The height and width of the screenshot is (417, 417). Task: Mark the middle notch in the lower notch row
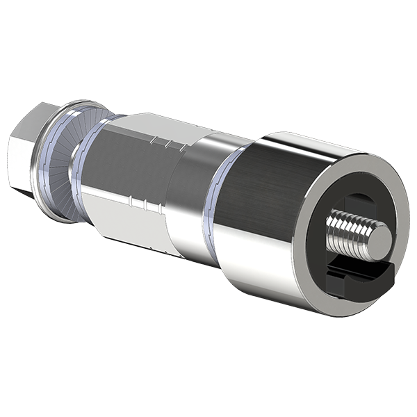tap(143, 204)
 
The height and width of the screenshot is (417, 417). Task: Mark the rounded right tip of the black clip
tap(389, 268)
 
